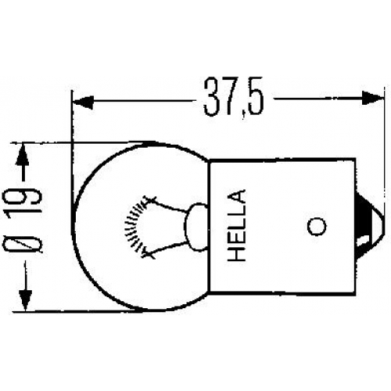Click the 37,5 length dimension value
pos(234,98)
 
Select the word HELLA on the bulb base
pos(237,225)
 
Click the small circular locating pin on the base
pos(317,226)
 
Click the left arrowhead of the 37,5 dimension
pos(83,102)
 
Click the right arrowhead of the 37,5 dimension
pos(373,98)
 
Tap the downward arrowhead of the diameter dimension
pos(26,299)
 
